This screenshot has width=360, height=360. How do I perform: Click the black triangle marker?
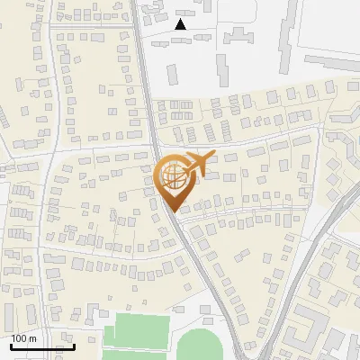click(181, 25)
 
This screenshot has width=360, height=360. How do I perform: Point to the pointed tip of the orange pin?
click(174, 210)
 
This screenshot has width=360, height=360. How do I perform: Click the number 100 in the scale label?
click(19, 338)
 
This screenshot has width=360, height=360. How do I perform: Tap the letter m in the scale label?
click(32, 338)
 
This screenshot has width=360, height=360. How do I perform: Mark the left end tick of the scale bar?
click(10, 346)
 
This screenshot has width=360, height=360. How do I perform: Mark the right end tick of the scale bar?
click(74, 346)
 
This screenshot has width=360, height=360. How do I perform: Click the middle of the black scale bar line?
click(41, 346)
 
